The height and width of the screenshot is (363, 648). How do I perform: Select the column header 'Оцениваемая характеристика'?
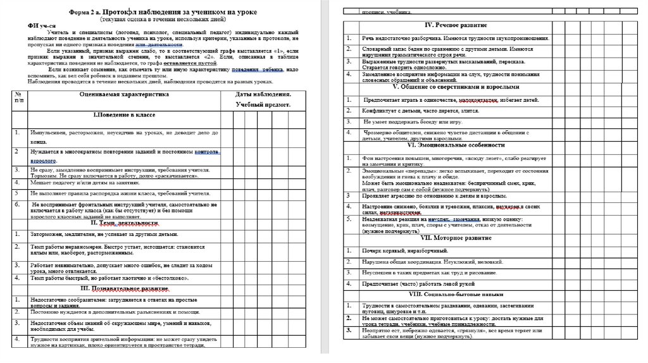[123, 94]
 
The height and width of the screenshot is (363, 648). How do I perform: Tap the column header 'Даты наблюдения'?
[263, 94]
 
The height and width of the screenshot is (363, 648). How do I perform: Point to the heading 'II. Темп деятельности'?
[124, 223]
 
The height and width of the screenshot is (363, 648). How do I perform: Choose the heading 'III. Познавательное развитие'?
[124, 288]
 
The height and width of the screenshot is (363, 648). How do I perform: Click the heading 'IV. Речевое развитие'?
[455, 25]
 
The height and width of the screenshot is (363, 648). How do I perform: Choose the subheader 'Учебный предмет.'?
[263, 105]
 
